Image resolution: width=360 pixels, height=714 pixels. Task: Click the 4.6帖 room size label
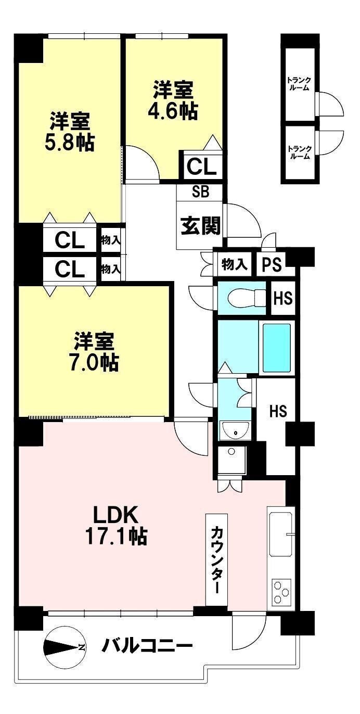point(173,111)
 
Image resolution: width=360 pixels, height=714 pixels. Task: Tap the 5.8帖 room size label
point(70,142)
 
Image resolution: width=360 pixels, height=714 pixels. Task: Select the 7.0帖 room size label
point(94,362)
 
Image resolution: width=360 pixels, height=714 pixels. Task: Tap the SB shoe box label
point(200,192)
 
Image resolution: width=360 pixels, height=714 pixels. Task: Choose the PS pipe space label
point(272,264)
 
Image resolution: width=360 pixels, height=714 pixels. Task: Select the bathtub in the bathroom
point(276,348)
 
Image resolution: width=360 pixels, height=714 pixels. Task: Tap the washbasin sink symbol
point(235,431)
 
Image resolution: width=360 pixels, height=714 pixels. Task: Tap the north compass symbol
point(65,647)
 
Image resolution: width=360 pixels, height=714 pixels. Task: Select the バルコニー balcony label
point(147,647)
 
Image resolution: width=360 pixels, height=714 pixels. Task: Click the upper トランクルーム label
point(299,84)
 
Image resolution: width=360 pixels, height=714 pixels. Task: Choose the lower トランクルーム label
point(299,152)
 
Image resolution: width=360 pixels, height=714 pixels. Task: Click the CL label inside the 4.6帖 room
point(201,167)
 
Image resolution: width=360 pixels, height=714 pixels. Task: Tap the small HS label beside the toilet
point(283,299)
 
